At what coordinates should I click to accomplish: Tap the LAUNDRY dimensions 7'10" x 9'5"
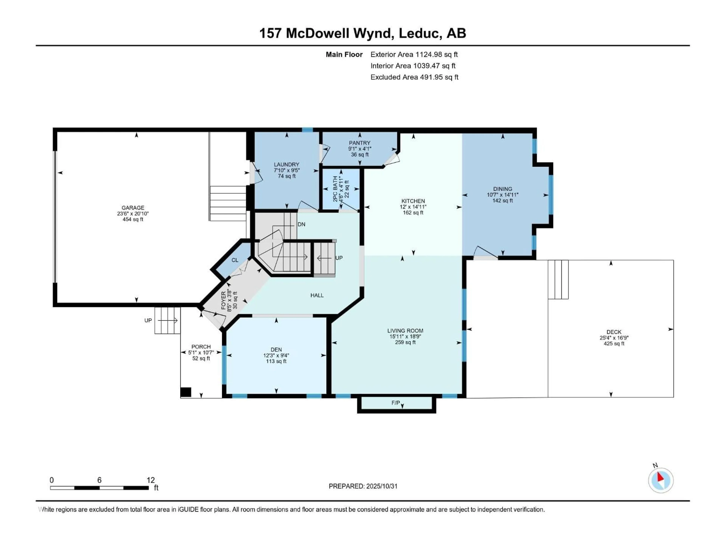pos(287,170)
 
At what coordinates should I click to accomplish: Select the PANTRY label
pos(359,143)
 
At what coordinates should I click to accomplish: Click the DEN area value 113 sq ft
pos(276,361)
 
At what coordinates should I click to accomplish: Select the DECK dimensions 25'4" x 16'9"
pos(614,338)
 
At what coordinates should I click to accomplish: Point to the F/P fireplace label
pos(396,403)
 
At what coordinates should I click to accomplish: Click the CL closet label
pos(235,260)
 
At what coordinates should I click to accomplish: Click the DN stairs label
pos(301,224)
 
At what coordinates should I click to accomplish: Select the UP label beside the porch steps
pos(148,320)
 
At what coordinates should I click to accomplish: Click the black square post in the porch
pos(186,392)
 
